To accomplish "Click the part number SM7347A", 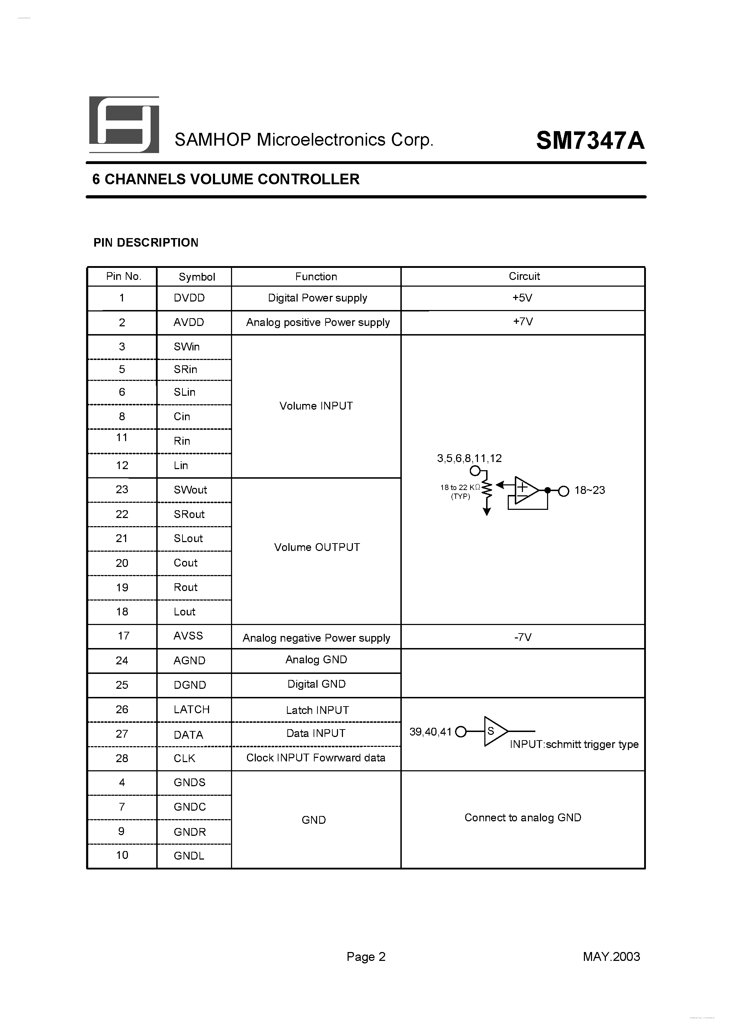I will click(x=590, y=140).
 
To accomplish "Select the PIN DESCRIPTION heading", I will click(x=146, y=243).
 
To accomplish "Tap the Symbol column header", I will click(x=197, y=277).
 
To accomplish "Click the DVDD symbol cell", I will click(x=189, y=298).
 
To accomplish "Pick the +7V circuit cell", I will click(x=523, y=322).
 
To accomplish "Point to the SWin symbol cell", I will click(x=186, y=347).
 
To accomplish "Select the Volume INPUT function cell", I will click(x=316, y=406).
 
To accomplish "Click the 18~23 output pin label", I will click(x=589, y=490).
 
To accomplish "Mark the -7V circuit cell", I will click(x=523, y=637).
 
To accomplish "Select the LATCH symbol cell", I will click(x=191, y=709).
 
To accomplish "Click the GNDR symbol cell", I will click(x=190, y=832).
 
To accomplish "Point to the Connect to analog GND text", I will click(x=523, y=818).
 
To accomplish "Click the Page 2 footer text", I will click(x=366, y=957).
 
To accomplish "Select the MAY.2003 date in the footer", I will click(x=611, y=957).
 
